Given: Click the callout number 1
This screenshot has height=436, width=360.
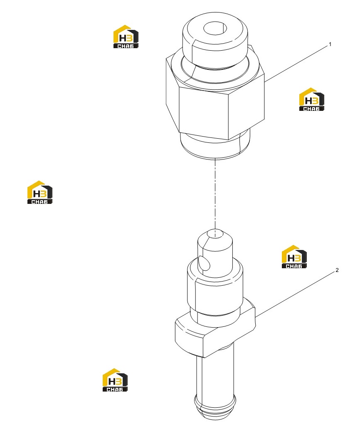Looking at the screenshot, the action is [x=330, y=44].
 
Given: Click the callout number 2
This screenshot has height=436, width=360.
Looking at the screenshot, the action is [x=337, y=270].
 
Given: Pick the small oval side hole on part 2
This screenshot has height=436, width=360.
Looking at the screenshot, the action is [x=204, y=263].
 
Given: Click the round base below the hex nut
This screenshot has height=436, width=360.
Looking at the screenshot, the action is [x=215, y=146].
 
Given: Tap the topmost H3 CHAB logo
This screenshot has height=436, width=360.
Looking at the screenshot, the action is [x=126, y=37].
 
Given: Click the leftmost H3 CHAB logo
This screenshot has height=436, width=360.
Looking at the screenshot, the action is [x=40, y=192].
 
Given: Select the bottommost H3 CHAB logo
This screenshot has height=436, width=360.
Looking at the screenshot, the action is [x=115, y=380].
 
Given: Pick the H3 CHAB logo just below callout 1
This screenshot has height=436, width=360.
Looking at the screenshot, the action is [x=311, y=99].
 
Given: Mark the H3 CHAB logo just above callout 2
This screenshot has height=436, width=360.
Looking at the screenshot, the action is [x=294, y=257].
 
